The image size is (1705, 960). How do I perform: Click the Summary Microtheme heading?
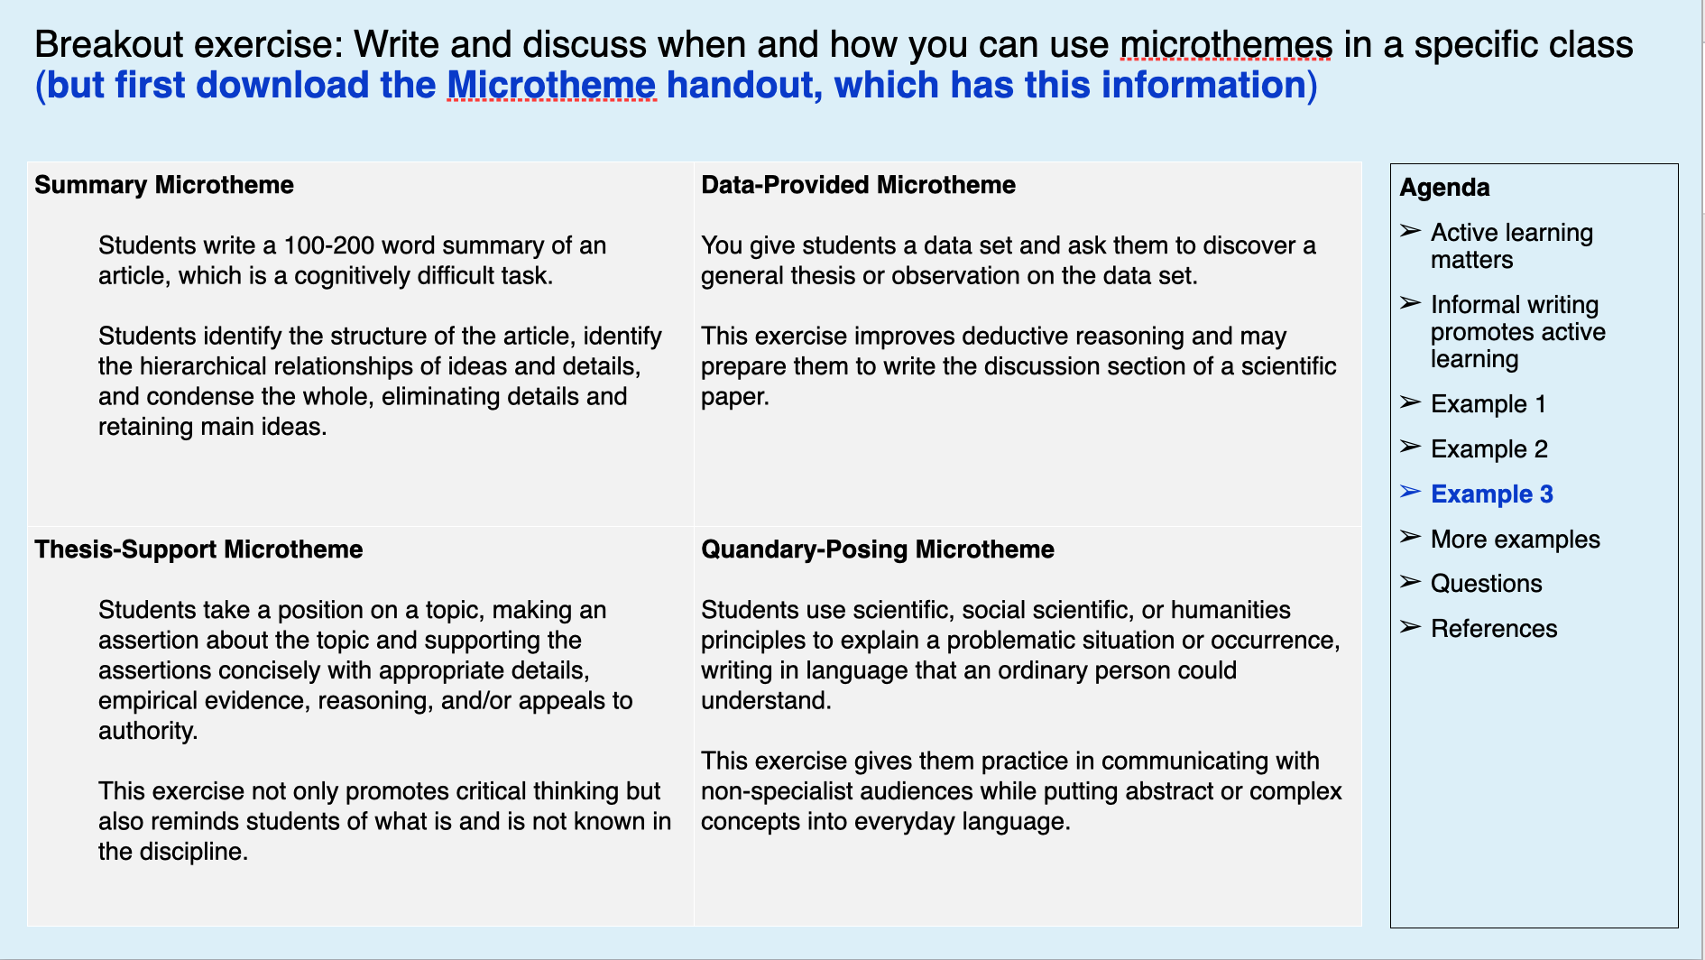(x=163, y=185)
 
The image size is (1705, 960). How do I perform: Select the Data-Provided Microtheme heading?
(x=857, y=185)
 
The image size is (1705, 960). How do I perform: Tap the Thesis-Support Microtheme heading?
(x=198, y=549)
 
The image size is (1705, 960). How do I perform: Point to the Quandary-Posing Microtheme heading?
(x=877, y=549)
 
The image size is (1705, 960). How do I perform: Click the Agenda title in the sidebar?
(x=1443, y=188)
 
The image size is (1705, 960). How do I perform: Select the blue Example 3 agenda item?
(x=1491, y=494)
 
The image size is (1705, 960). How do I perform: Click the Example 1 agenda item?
(x=1488, y=404)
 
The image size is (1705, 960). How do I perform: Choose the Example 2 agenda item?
(x=1488, y=449)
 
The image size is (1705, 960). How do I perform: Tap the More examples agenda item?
(x=1515, y=540)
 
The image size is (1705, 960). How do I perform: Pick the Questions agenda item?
(x=1486, y=584)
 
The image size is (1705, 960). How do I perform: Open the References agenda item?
(x=1493, y=629)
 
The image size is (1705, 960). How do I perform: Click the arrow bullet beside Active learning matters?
(x=1410, y=232)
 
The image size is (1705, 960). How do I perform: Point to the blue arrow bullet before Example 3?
(x=1410, y=493)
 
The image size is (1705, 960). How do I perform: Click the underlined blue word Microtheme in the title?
(x=551, y=86)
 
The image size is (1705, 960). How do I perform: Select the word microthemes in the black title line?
(x=1225, y=45)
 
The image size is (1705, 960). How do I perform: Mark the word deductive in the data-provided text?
(x=1016, y=337)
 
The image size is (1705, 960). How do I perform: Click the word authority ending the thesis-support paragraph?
(x=147, y=731)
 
